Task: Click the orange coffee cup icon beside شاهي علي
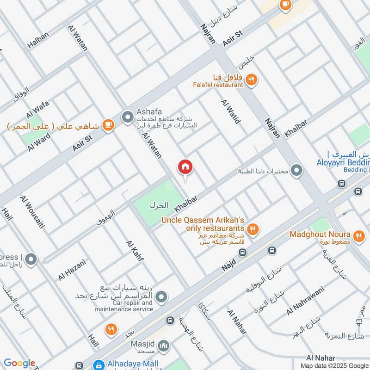click(x=108, y=125)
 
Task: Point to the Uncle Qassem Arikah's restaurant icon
click(x=253, y=228)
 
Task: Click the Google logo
click(x=19, y=363)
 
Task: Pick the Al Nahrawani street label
click(x=305, y=301)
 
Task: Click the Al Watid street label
click(x=231, y=111)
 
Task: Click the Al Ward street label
click(x=39, y=142)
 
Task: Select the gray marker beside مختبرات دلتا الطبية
click(x=296, y=171)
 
